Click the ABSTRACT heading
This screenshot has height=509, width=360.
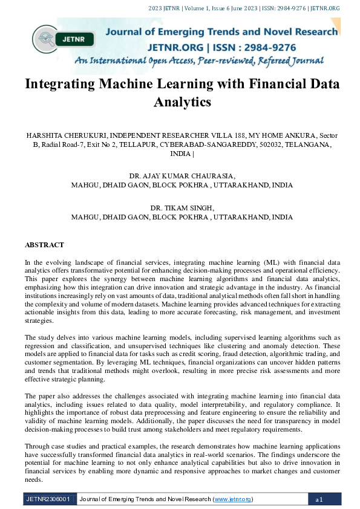point(44,245)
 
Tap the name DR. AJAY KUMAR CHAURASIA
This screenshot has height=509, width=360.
point(182,176)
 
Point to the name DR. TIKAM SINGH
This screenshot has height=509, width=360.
point(182,207)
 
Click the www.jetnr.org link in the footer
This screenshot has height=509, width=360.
point(233,499)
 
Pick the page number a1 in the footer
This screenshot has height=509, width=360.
point(319,499)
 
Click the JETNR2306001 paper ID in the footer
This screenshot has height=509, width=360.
point(48,499)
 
